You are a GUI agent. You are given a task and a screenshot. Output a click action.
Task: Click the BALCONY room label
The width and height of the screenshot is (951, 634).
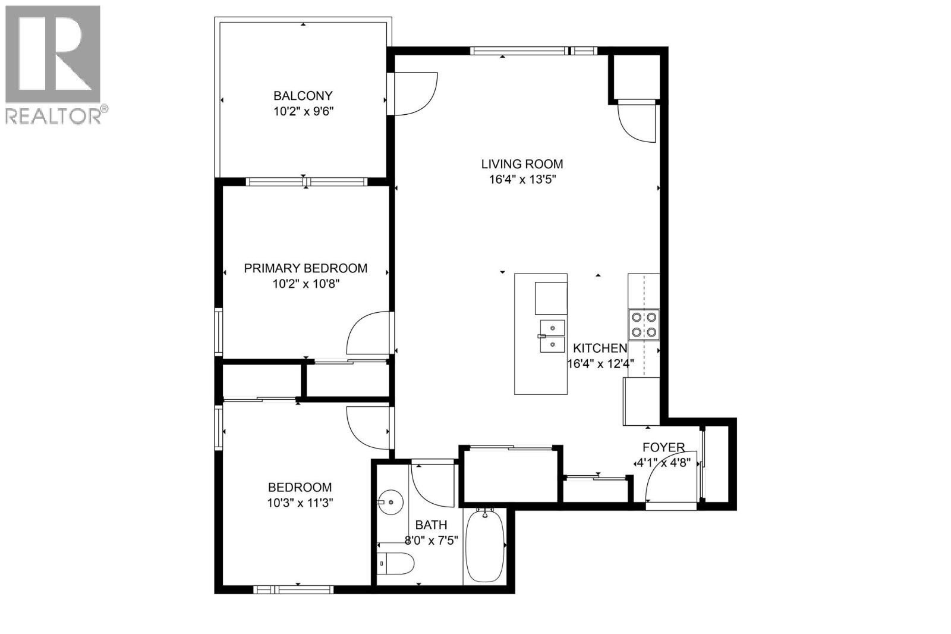click(303, 95)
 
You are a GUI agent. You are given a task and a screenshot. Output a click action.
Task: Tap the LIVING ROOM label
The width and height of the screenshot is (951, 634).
click(522, 164)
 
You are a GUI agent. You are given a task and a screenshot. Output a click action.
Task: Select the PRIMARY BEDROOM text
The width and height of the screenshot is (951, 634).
click(306, 268)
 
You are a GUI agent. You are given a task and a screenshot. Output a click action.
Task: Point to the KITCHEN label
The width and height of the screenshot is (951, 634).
click(600, 348)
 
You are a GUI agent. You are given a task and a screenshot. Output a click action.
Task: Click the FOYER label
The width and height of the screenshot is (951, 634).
click(663, 447)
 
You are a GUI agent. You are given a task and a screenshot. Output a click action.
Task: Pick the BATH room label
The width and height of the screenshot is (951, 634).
click(431, 525)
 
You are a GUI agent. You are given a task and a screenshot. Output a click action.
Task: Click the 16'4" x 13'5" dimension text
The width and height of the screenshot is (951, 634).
click(522, 180)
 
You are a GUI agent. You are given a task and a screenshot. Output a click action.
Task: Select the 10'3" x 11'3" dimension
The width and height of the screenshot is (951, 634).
click(300, 503)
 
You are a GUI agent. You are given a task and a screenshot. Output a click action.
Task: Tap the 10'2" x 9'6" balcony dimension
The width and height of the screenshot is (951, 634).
click(303, 111)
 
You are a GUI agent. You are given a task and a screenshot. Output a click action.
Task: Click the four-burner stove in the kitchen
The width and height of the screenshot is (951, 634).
click(644, 325)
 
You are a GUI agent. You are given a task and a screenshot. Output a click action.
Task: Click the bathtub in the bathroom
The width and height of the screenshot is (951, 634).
click(485, 545)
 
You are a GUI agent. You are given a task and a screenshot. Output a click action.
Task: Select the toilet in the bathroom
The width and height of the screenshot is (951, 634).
click(395, 563)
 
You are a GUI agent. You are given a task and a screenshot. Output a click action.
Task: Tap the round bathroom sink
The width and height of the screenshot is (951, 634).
click(391, 503)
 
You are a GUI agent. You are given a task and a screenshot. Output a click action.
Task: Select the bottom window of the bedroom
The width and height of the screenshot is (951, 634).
click(294, 589)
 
